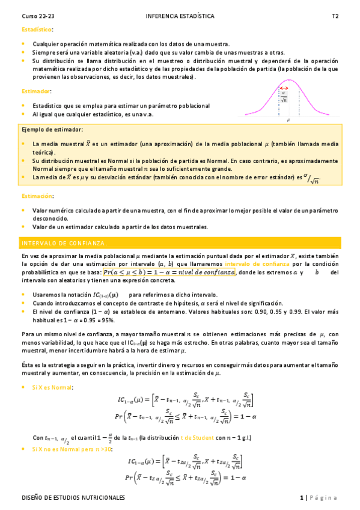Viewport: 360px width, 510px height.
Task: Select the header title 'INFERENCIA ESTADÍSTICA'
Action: (179, 17)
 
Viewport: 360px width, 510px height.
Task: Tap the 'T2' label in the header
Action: (335, 17)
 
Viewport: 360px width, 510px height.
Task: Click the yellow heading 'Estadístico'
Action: (37, 29)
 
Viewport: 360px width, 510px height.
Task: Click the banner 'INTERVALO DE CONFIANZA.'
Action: (64, 243)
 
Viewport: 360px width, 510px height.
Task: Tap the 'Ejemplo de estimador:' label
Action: (53, 130)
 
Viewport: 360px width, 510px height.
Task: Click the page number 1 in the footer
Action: (302, 498)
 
